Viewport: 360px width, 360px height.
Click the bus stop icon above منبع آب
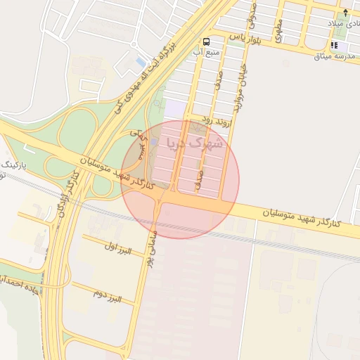pyautogui.click(x=206, y=42)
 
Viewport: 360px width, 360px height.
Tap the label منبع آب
pyautogui.click(x=207, y=52)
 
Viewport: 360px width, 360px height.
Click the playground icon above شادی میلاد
pyautogui.click(x=345, y=12)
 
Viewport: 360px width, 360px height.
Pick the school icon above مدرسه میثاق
pyautogui.click(x=333, y=46)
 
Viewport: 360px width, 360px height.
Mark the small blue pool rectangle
pyautogui.click(x=141, y=63)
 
